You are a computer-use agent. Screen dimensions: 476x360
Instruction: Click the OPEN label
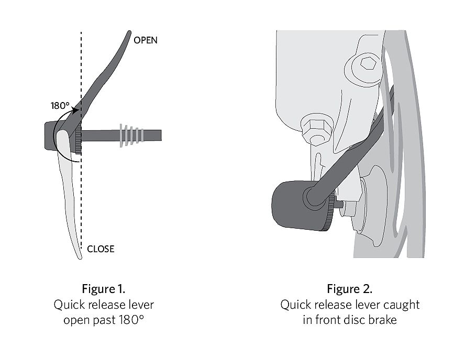pos(146,40)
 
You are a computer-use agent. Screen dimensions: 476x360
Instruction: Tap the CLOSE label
pos(101,249)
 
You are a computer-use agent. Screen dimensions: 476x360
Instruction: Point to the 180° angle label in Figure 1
pos(60,106)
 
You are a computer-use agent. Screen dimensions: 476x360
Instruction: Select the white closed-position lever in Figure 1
pos(69,191)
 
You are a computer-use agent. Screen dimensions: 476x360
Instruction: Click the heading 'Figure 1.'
pos(104,289)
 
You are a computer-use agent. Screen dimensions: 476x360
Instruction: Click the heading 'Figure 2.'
pos(349,289)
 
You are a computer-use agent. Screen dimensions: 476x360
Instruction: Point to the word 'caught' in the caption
pos(402,305)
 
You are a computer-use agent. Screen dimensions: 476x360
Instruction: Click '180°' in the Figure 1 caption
pos(130,320)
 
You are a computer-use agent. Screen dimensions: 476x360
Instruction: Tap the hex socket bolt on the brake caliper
pos(368,64)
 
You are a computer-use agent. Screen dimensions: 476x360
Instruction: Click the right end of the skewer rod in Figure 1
pos(161,136)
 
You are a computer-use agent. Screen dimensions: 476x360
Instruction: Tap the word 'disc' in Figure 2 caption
pos(355,320)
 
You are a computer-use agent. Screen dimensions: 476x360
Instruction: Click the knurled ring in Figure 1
pos(79,138)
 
